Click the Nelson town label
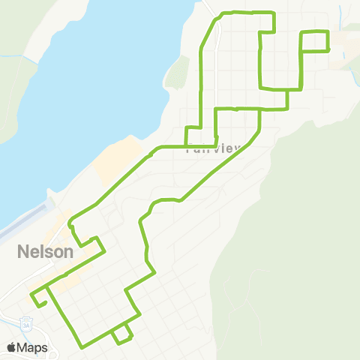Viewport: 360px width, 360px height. click(45, 252)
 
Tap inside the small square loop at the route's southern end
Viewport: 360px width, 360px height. click(122, 334)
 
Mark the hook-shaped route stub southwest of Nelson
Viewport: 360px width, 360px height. click(39, 298)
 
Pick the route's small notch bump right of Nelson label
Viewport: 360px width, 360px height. click(97, 242)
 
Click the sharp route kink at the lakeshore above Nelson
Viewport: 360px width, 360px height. click(70, 222)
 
